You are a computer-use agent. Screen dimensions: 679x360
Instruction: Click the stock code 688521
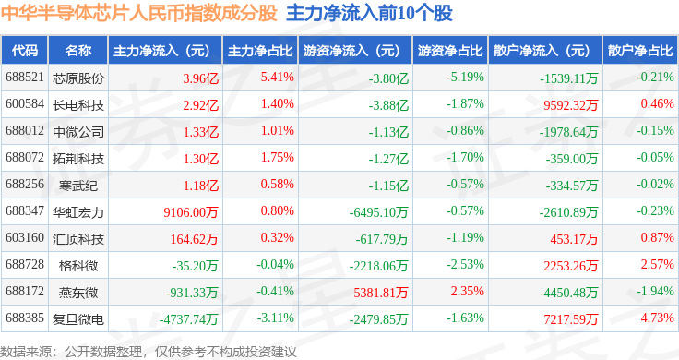coord(25,78)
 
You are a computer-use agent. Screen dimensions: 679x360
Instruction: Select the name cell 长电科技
coord(78,105)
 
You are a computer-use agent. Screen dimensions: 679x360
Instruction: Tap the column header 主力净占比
coord(260,51)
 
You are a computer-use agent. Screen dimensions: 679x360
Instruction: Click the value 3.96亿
coord(200,78)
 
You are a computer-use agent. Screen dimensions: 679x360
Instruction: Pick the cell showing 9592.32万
coord(571,105)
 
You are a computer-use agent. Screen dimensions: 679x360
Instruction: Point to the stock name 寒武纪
coord(78,186)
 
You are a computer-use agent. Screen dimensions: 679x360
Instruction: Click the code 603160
coord(25,237)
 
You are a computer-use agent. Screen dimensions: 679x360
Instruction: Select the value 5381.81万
coord(381,293)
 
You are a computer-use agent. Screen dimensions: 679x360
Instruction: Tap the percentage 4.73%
coord(658,318)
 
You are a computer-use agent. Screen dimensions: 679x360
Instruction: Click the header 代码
coord(25,51)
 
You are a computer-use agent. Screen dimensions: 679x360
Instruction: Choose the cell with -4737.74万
coord(188,319)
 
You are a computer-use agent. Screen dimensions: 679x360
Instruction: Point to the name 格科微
coord(78,266)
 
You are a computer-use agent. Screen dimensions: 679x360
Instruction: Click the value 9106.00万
coord(191,212)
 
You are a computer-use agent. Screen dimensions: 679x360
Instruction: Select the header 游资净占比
coord(450,51)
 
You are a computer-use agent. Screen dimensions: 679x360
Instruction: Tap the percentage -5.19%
coord(465,78)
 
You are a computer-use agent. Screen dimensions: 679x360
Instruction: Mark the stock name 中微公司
coord(78,132)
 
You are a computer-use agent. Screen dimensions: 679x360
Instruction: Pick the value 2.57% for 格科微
coord(658,264)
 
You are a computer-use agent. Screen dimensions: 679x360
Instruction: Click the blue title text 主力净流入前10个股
coord(369,13)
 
